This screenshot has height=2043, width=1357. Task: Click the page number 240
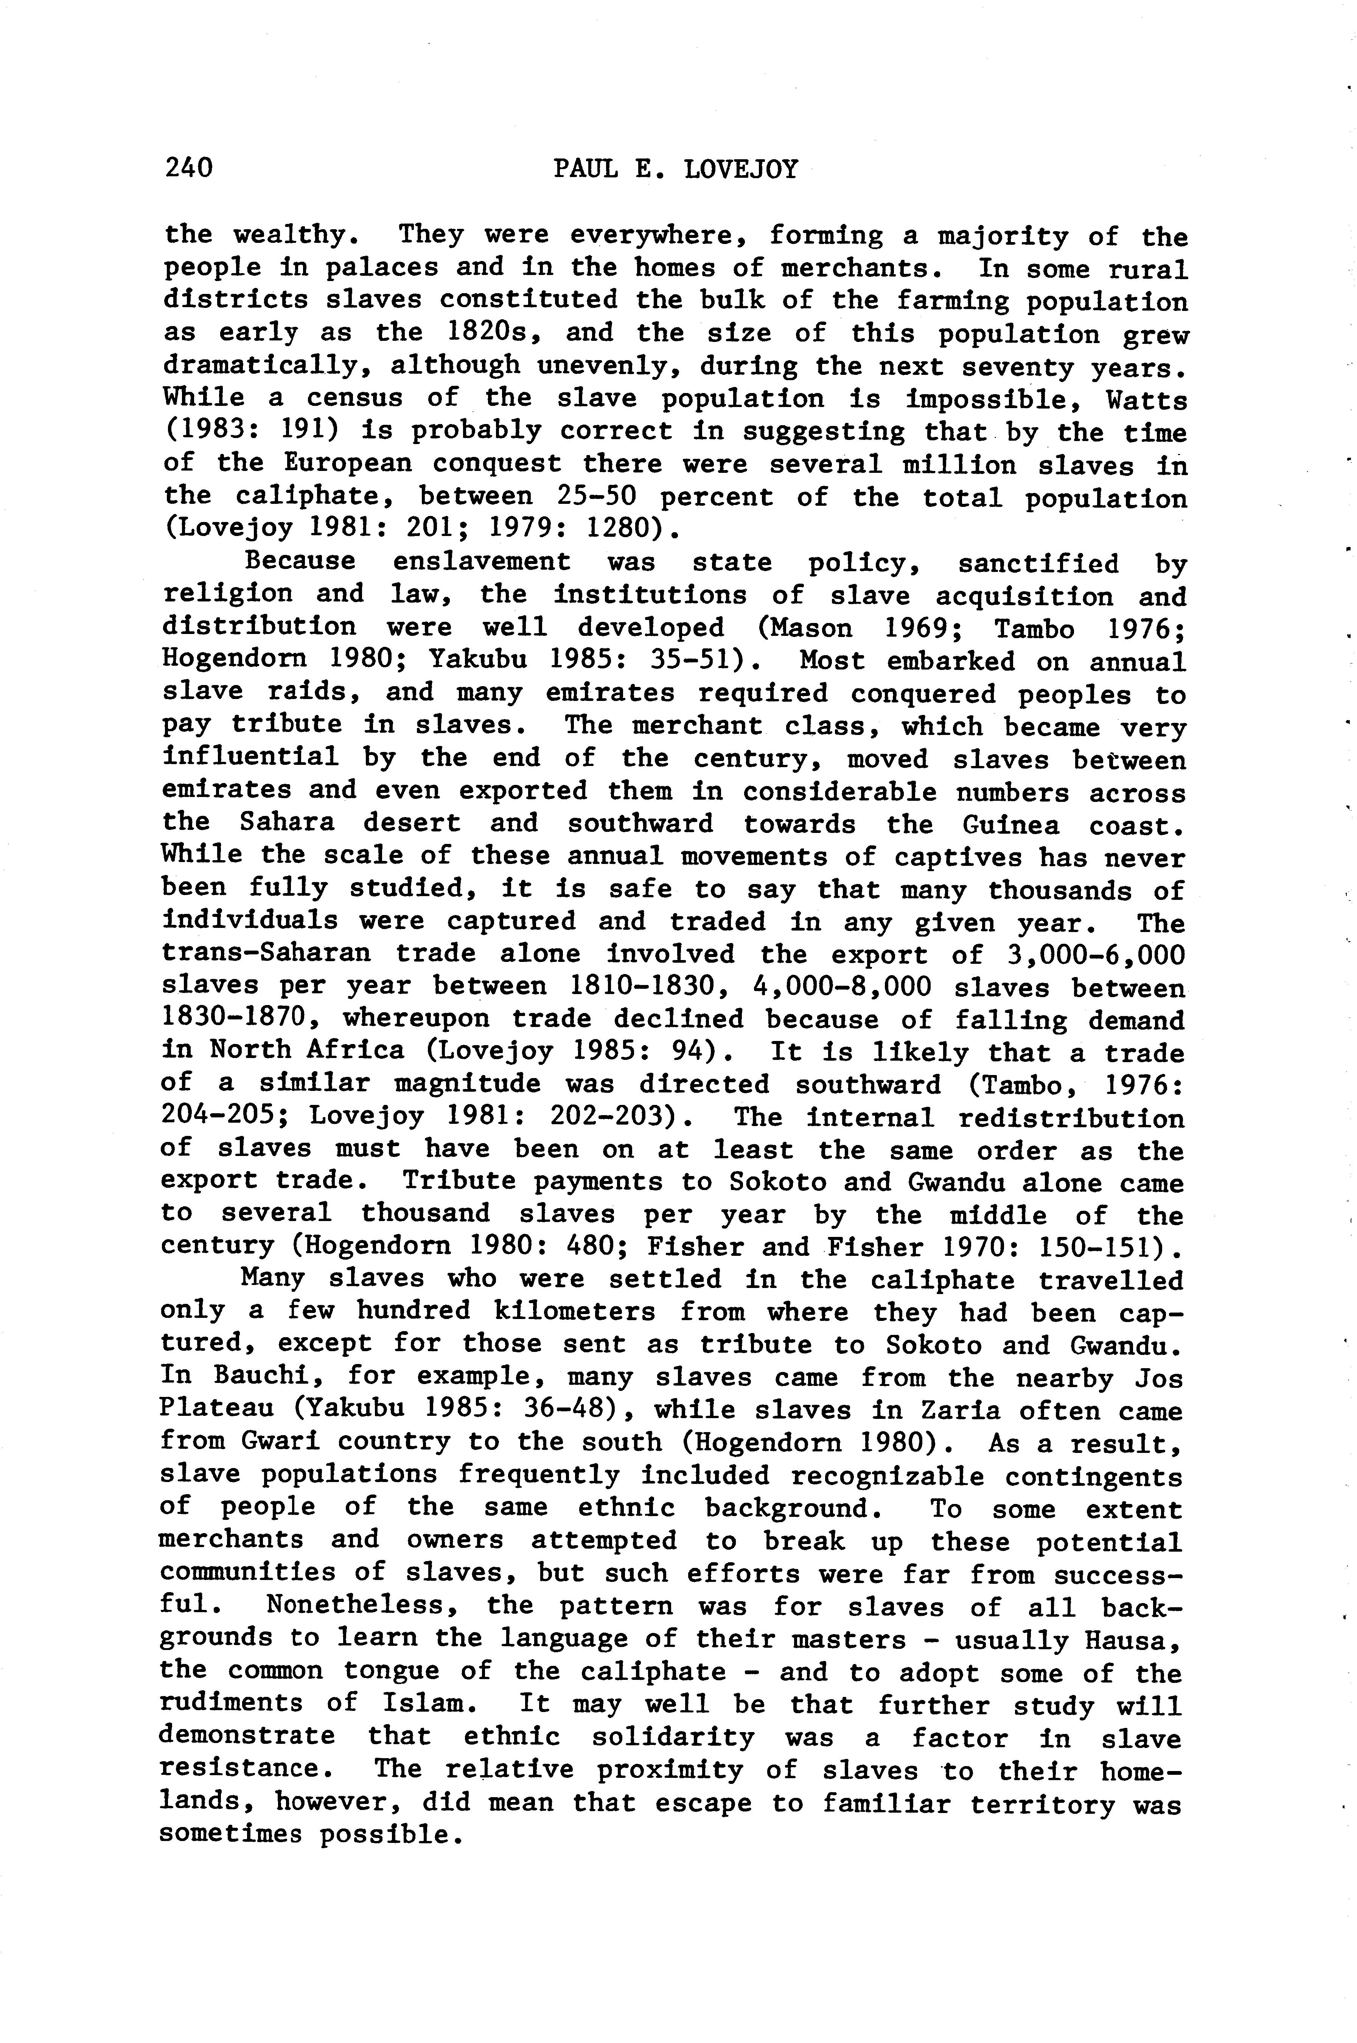pos(189,167)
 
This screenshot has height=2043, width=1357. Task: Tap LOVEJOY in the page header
pos(741,169)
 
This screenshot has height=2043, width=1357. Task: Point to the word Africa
pos(356,1051)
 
